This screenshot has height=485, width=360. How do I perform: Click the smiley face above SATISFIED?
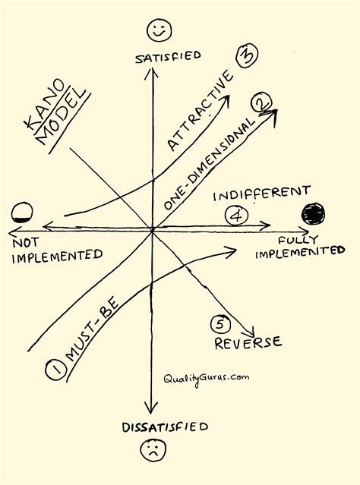click(x=159, y=31)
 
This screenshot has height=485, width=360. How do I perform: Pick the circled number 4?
click(x=236, y=216)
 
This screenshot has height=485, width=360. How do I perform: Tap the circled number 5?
click(x=219, y=324)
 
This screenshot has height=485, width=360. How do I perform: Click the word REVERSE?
click(x=248, y=343)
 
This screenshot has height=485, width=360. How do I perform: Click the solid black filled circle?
click(x=312, y=214)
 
